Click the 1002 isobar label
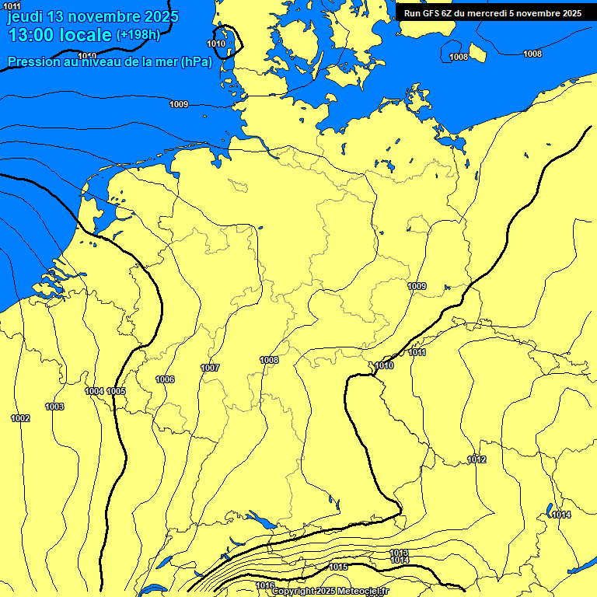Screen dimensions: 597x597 pyautogui.click(x=20, y=419)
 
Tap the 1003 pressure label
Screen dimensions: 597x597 pyautogui.click(x=54, y=407)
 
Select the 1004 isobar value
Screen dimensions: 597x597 pyautogui.click(x=94, y=391)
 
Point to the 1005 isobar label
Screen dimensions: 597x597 pyautogui.click(x=117, y=391)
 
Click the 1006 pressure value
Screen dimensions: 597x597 pyautogui.click(x=165, y=379)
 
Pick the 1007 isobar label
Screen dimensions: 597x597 pyautogui.click(x=210, y=368)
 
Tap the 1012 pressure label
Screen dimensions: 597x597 pyautogui.click(x=477, y=460)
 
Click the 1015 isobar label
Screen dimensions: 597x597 pyautogui.click(x=338, y=567)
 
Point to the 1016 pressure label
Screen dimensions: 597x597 pyautogui.click(x=265, y=585)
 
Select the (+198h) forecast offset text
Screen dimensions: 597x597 pyautogui.click(x=138, y=35)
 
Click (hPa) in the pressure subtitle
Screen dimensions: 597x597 pyautogui.click(x=196, y=62)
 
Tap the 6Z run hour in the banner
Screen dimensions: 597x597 pyautogui.click(x=449, y=13)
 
